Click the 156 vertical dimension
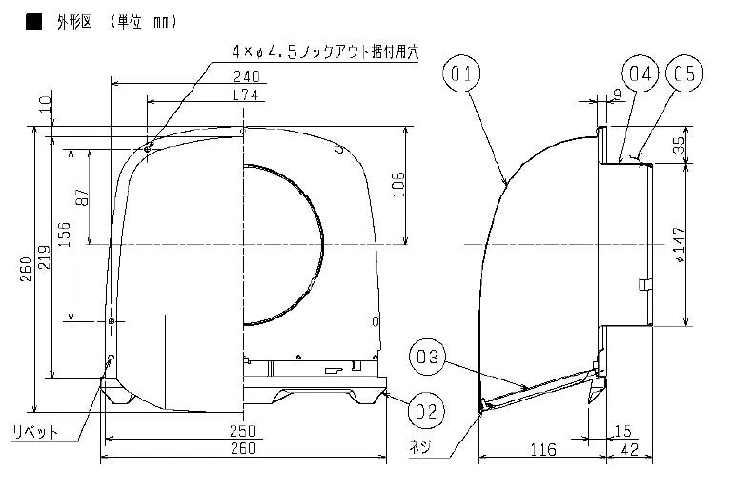63,235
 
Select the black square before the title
32,20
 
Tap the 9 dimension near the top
618,93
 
